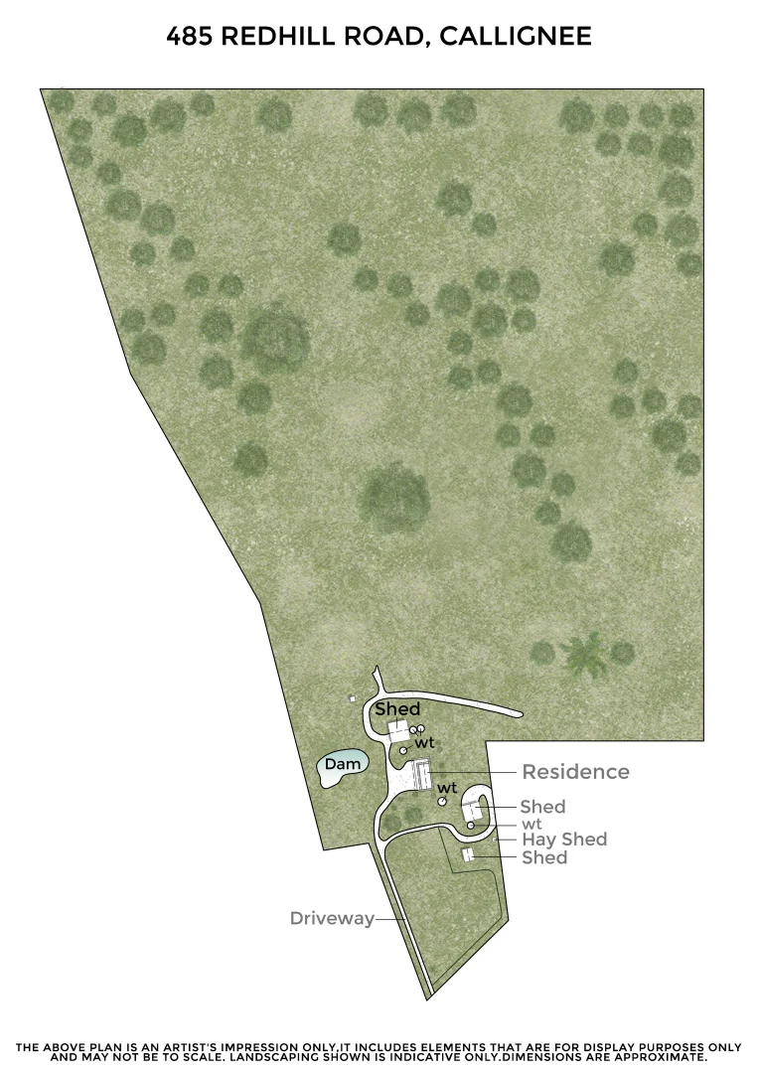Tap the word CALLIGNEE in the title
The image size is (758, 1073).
(515, 38)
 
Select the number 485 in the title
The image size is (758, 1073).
(189, 38)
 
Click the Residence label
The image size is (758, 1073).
(575, 772)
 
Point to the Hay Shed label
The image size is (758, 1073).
(564, 840)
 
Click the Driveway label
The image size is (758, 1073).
(332, 918)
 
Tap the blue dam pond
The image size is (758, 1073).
(343, 765)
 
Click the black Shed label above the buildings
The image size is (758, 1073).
(397, 709)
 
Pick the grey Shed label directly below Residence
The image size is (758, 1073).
(542, 807)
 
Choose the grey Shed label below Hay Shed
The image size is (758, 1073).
(544, 857)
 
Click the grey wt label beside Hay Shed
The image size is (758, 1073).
(531, 824)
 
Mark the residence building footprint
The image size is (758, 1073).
(422, 775)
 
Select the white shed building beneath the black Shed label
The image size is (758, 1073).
(397, 731)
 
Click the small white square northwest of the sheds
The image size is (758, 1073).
(352, 699)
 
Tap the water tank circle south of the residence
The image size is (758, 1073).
(442, 801)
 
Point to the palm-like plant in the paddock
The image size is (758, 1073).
(583, 655)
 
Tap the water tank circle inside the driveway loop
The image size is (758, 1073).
(471, 825)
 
